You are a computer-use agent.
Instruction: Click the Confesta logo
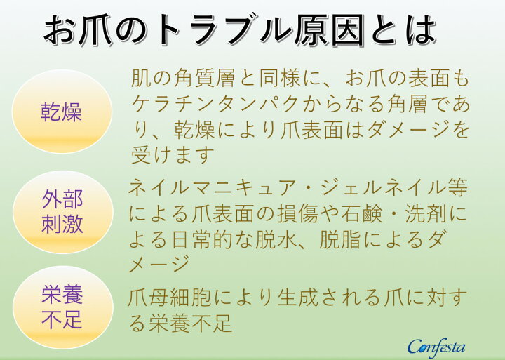coord(436,346)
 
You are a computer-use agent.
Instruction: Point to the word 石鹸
coord(365,214)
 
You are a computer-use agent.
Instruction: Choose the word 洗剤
coord(429,214)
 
